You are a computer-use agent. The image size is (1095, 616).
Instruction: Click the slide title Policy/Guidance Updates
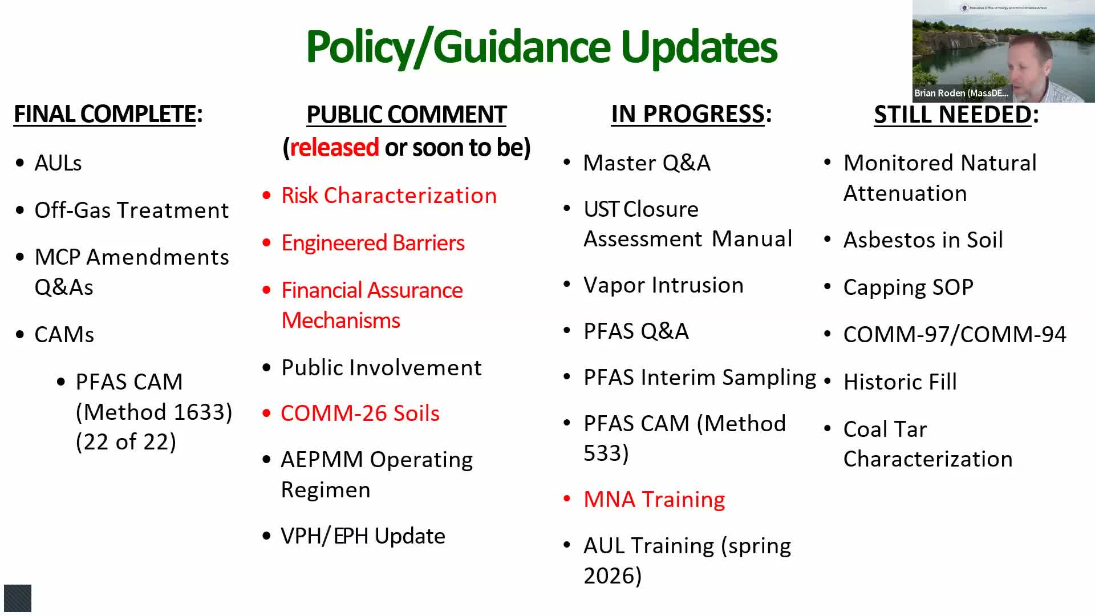point(541,47)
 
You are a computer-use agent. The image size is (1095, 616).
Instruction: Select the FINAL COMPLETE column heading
point(108,114)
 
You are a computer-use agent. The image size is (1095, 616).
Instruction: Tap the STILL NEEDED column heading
point(956,114)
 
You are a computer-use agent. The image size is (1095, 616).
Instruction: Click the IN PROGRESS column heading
point(691,114)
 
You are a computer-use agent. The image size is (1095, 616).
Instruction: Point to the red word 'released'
point(335,147)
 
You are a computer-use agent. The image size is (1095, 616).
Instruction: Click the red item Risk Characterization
point(389,196)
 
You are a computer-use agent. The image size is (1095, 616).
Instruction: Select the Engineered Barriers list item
point(373,243)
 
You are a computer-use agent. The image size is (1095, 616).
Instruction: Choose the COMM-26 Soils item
point(360,414)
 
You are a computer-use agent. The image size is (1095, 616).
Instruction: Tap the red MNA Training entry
point(654,500)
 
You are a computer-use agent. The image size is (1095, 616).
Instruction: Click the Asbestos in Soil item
point(923,240)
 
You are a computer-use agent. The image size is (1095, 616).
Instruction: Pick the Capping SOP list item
point(908,287)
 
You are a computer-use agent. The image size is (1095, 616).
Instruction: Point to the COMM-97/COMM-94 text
point(955,335)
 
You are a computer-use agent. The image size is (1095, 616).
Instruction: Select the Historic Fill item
point(900,382)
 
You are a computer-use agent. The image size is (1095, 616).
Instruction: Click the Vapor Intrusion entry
point(663,285)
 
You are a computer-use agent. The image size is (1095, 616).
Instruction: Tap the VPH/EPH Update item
point(363,536)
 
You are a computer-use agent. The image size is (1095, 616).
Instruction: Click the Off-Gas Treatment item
point(131,210)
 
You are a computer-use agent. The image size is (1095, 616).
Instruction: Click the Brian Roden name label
point(961,93)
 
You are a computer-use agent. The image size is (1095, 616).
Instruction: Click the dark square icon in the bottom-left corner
point(18,598)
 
